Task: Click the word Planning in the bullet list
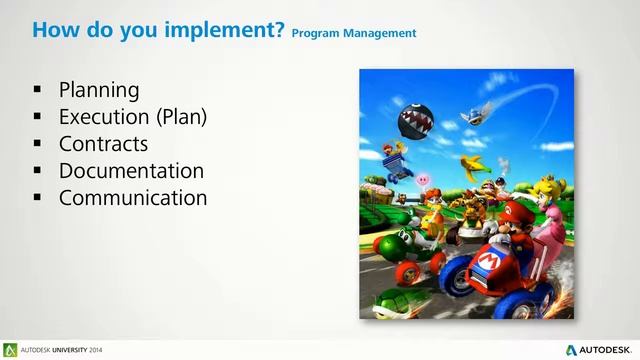(98, 91)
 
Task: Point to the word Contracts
(103, 144)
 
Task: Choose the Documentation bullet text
(131, 171)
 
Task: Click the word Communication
(133, 198)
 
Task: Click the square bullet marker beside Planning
(37, 92)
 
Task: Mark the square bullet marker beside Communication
(37, 198)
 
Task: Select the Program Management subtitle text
(354, 33)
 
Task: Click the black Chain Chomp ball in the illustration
(415, 121)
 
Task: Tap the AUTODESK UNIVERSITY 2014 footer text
(53, 350)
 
